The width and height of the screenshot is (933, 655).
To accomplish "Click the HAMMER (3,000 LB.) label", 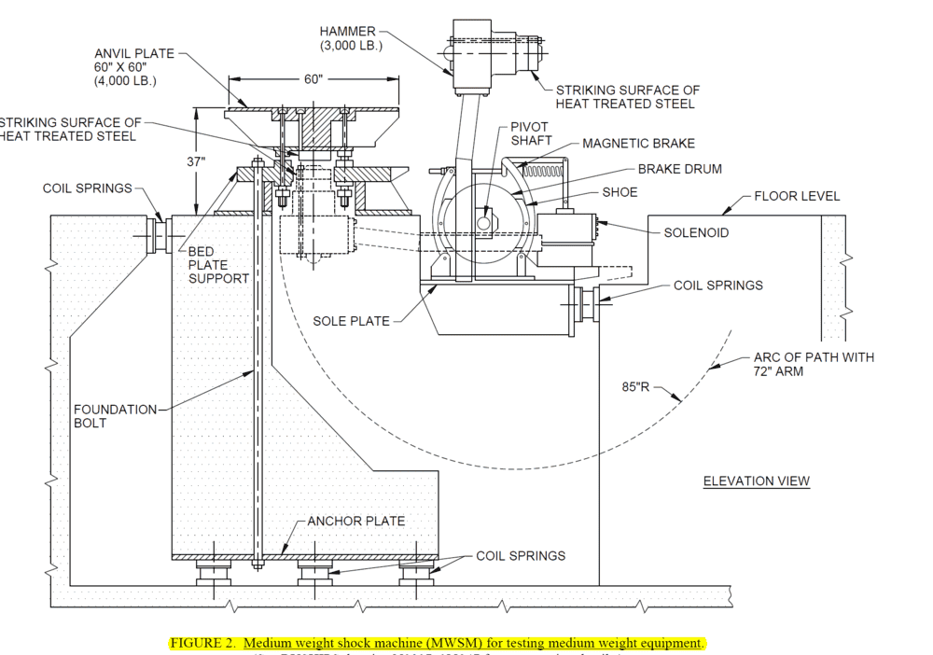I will (x=348, y=38).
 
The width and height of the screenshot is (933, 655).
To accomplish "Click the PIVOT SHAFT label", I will (x=530, y=133).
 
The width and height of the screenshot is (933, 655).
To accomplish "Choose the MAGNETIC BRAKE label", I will (x=638, y=144).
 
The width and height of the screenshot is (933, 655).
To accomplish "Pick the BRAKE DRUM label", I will (x=679, y=170).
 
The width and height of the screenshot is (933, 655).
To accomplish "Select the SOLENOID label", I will (x=696, y=232).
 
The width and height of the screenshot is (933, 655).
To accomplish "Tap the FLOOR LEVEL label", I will (x=797, y=196).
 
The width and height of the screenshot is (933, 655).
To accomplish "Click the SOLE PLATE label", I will (x=351, y=322).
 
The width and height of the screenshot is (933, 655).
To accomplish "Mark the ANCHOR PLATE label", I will (x=356, y=521).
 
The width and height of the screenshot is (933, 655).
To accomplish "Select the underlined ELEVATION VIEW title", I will (x=756, y=481).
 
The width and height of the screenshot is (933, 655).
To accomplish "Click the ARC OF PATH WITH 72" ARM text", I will (x=814, y=364).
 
